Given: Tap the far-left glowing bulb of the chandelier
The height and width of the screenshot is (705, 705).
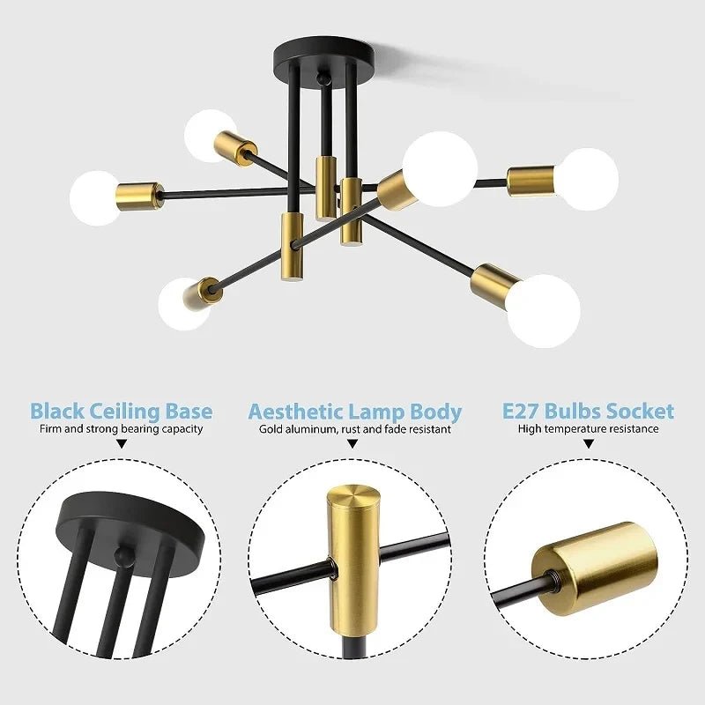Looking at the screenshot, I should point(95,197).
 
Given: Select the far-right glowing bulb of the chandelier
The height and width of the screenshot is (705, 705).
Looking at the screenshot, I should point(588,179).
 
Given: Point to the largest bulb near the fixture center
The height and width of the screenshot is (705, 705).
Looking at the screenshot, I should point(441,168).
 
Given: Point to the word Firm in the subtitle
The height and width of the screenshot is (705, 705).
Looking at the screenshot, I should point(51,429).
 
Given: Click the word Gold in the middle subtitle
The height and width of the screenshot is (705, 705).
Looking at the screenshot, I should point(271,430).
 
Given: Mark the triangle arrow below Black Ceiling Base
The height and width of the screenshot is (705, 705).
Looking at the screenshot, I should point(122,446).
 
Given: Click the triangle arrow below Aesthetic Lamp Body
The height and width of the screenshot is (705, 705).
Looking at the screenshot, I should point(352,446).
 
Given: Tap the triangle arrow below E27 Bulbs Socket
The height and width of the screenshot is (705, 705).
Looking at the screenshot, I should point(588,446).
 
